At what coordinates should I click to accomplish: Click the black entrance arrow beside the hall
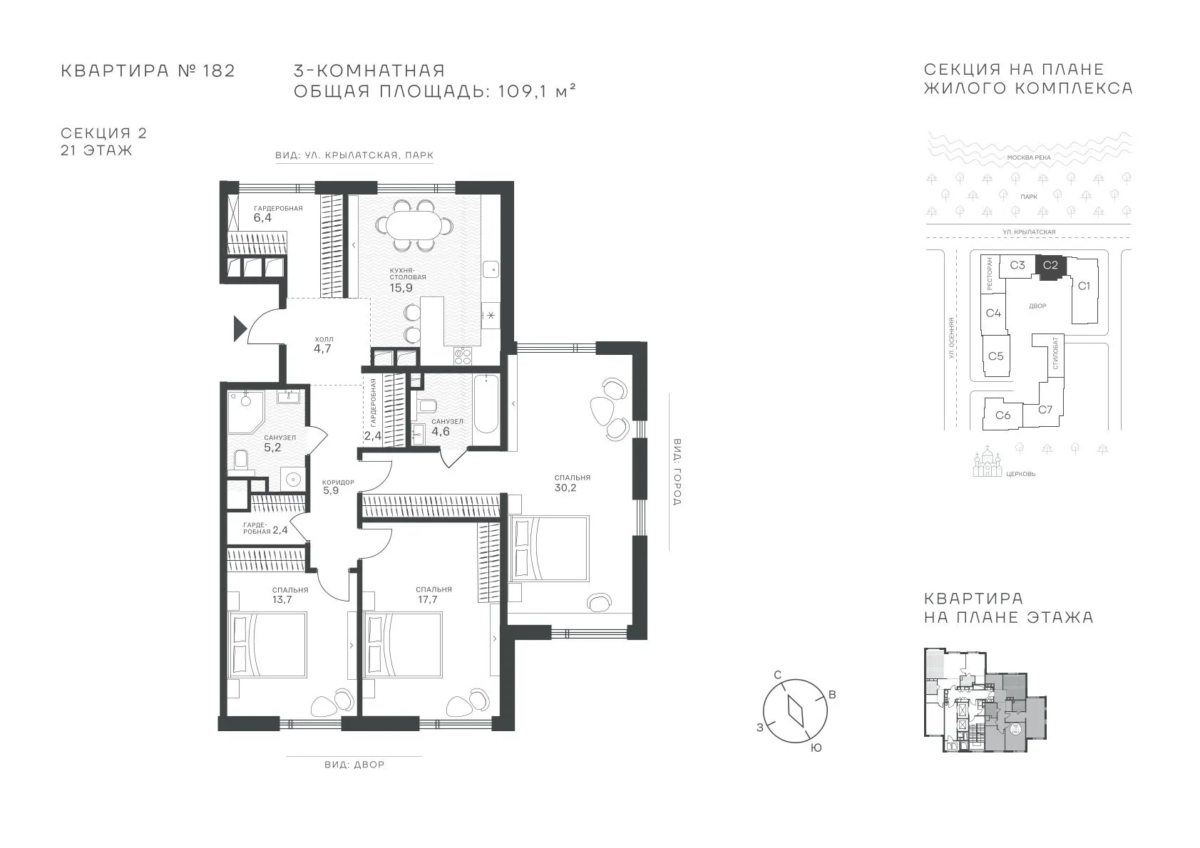(240, 329)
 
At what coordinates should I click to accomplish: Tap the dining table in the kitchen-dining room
(415, 225)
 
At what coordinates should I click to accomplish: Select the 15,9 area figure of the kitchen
(401, 287)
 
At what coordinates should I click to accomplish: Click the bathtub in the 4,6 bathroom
(486, 403)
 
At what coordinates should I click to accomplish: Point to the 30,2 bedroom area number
(565, 487)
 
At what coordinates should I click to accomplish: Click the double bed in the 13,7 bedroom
(267, 645)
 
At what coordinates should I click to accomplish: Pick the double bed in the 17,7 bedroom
(403, 645)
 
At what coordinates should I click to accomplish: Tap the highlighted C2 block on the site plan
(1050, 267)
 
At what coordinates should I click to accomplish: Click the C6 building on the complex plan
(1002, 414)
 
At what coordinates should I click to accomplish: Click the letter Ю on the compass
(816, 748)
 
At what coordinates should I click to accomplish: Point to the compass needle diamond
(796, 711)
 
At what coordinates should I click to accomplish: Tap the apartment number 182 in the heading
(219, 71)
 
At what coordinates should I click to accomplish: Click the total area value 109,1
(522, 91)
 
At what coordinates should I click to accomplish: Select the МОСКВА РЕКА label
(1029, 157)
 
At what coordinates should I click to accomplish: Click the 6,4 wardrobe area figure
(262, 218)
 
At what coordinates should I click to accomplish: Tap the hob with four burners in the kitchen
(462, 356)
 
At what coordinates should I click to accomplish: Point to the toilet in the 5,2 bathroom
(242, 459)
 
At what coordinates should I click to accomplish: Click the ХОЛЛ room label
(324, 339)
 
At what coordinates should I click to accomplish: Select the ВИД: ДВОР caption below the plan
(354, 765)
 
